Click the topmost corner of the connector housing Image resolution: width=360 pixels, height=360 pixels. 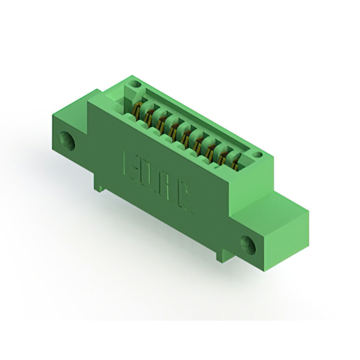click(x=130, y=78)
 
